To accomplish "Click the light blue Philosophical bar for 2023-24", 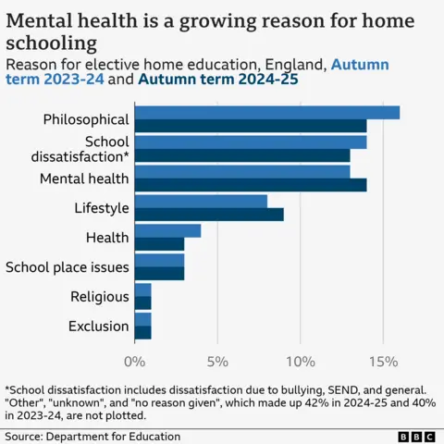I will tap(267, 112).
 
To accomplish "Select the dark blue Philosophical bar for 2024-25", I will tap(251, 126).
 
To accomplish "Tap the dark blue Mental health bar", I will tap(251, 185).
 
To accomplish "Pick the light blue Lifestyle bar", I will tap(201, 201).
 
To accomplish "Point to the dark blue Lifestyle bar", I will tap(209, 215).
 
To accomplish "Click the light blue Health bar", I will tap(167, 230).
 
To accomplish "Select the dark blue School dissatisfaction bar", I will tap(242, 155).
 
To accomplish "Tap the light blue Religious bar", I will tap(142, 290).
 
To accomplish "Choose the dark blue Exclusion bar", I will tap(142, 333).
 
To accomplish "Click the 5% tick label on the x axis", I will tap(216, 360).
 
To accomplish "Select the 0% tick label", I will tap(135, 360).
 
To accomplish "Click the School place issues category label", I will tap(67, 267).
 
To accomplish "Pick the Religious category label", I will tap(99, 297).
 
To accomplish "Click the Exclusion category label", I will tap(98, 327).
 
